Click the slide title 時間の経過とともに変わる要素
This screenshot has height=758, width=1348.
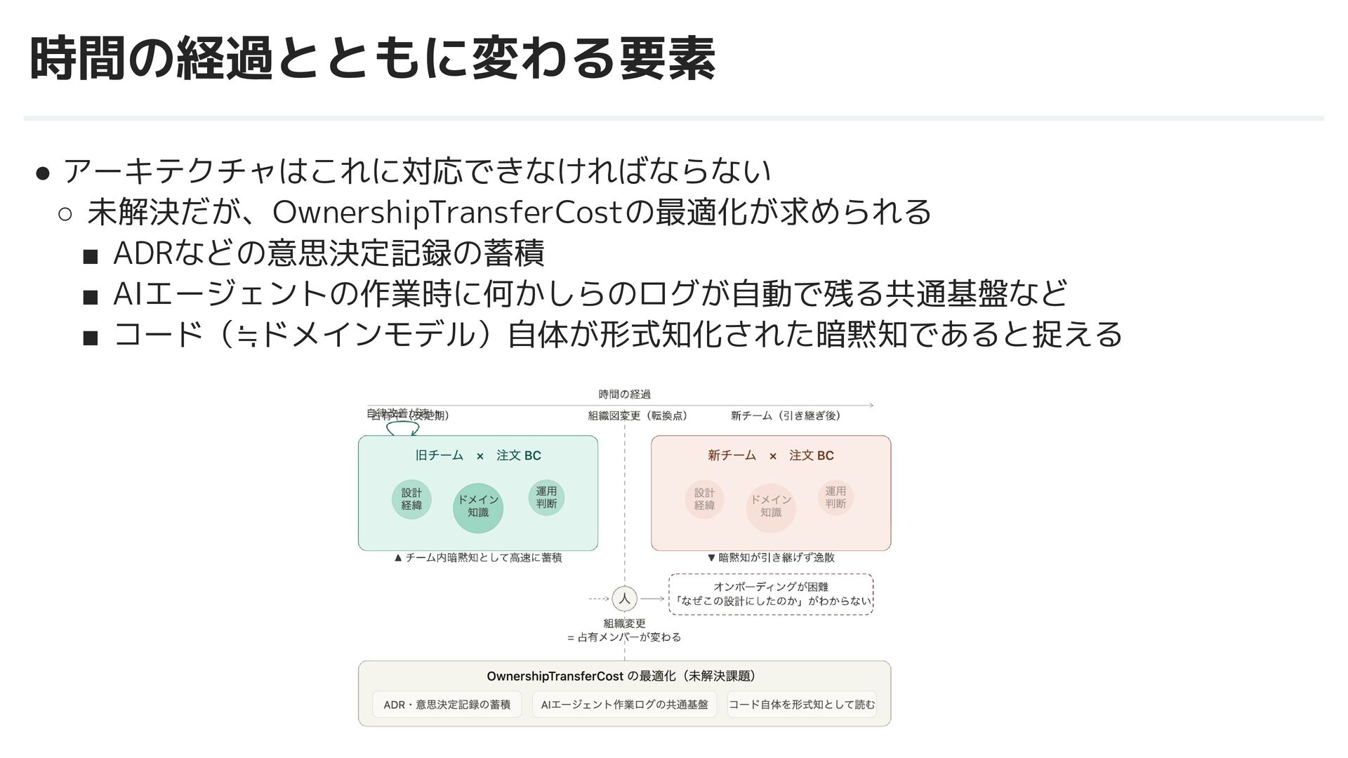click(x=372, y=60)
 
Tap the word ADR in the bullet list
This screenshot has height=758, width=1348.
click(x=143, y=253)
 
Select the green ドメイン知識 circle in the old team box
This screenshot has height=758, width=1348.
click(x=478, y=507)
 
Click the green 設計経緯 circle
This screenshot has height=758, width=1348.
click(x=411, y=499)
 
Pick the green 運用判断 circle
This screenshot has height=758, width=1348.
click(x=546, y=498)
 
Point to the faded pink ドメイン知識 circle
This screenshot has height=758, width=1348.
click(x=771, y=507)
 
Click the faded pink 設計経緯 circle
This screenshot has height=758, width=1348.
click(x=704, y=499)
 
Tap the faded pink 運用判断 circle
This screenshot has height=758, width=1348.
click(x=835, y=498)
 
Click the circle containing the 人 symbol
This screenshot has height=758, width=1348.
click(x=624, y=599)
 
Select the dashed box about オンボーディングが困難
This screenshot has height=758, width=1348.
click(x=771, y=594)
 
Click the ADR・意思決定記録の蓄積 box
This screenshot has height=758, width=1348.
click(x=447, y=705)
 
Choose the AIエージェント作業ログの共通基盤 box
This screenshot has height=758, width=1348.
click(x=624, y=705)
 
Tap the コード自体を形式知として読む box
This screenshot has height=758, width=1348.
click(x=802, y=705)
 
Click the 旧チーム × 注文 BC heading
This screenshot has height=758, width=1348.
click(x=478, y=456)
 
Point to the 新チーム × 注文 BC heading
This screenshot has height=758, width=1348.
click(x=771, y=456)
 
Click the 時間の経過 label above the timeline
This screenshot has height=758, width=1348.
click(x=624, y=394)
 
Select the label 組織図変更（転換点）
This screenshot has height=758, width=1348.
click(x=637, y=415)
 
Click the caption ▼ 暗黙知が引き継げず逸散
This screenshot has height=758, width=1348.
click(x=771, y=558)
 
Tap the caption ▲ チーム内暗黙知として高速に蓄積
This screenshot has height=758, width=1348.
click(x=478, y=558)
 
